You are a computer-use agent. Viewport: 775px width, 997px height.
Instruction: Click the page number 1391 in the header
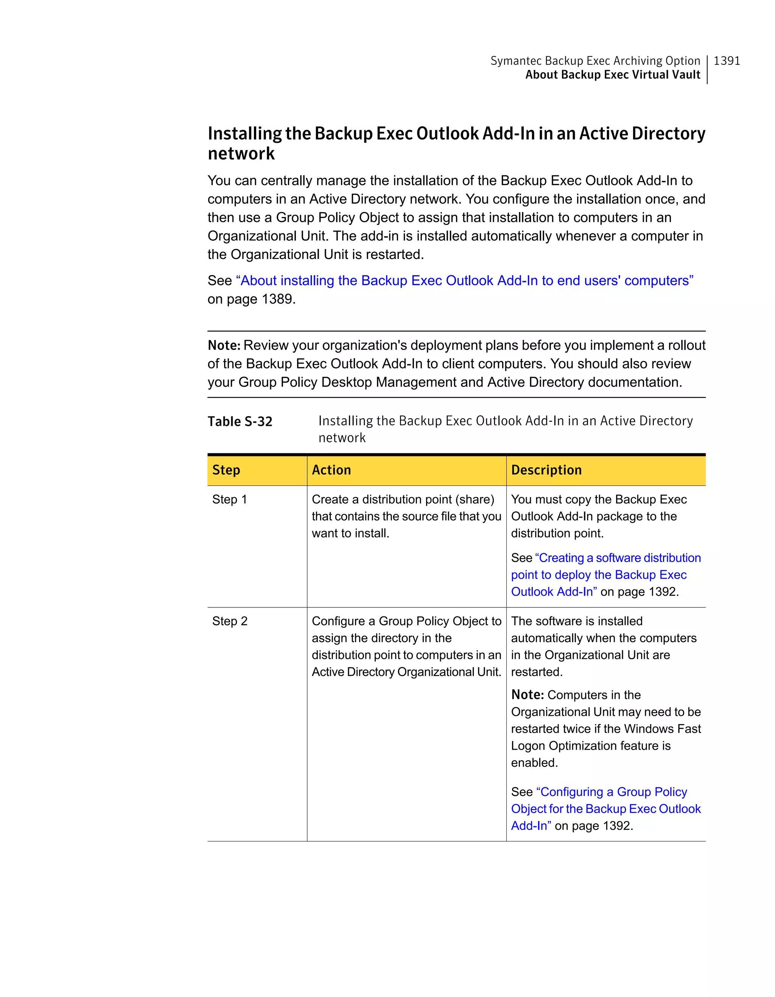click(x=726, y=61)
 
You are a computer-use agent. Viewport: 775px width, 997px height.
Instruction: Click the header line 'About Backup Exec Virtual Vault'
click(x=612, y=75)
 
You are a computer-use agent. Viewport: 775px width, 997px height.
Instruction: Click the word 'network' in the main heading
click(x=241, y=154)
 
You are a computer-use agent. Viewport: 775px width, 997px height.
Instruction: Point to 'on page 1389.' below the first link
click(x=251, y=299)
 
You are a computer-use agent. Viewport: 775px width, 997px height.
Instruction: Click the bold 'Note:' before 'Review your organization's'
click(x=224, y=345)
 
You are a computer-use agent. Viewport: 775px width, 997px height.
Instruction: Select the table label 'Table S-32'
click(x=240, y=421)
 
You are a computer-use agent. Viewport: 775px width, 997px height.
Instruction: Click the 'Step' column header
click(x=226, y=470)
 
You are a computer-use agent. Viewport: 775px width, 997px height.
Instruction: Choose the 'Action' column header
click(x=331, y=470)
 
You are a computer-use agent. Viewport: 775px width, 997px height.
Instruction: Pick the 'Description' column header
click(x=546, y=470)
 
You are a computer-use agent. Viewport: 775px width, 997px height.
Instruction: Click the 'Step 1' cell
click(x=229, y=499)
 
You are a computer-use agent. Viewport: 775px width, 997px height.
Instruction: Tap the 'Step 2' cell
click(x=229, y=621)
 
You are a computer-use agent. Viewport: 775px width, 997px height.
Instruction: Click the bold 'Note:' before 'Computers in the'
click(x=527, y=695)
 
